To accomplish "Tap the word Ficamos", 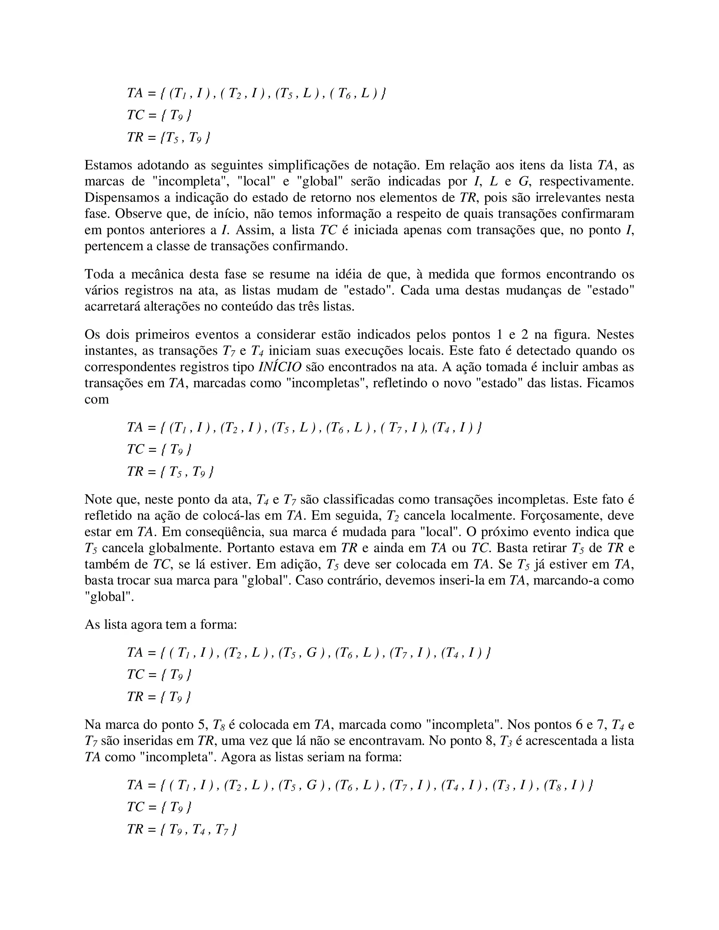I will [x=610, y=383].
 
